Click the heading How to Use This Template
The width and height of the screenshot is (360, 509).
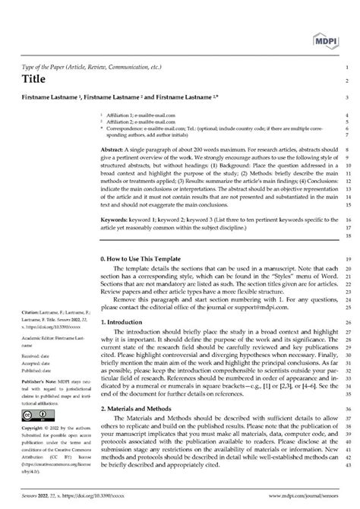(x=150, y=259)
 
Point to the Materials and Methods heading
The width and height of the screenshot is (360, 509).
(x=142, y=408)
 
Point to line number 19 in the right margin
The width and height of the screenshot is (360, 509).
(x=346, y=259)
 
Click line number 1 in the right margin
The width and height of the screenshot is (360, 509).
(x=346, y=67)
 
